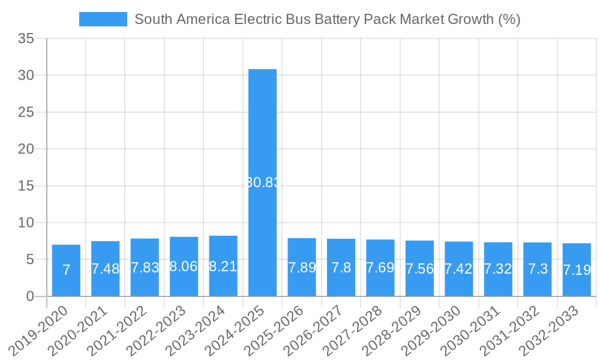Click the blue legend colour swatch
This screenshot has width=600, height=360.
(x=103, y=19)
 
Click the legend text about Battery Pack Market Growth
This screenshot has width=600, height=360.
(x=327, y=19)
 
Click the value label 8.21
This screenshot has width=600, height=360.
(x=223, y=266)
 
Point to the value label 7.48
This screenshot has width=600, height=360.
(x=106, y=269)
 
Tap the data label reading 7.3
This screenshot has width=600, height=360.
(x=537, y=269)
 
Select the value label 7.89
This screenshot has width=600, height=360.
(x=302, y=268)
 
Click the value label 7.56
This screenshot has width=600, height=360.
(x=419, y=269)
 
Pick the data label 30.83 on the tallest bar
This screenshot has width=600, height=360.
(x=263, y=183)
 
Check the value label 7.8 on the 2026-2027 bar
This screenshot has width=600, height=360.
(x=341, y=268)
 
